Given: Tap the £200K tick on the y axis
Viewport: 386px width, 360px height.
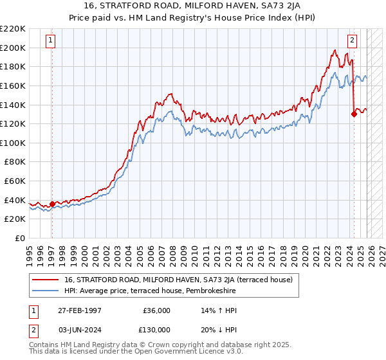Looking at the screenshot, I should (x=13, y=48).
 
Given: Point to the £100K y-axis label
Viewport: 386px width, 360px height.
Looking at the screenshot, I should (x=13, y=143).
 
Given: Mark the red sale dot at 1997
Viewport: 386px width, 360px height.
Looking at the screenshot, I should (x=52, y=204).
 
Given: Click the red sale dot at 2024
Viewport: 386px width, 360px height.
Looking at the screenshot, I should (x=354, y=114).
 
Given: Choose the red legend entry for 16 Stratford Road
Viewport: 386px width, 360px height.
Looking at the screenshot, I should (x=178, y=280).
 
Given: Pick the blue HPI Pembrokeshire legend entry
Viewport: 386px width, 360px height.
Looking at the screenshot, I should (x=150, y=291).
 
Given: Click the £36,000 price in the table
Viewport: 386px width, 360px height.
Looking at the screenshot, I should (x=157, y=310).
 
